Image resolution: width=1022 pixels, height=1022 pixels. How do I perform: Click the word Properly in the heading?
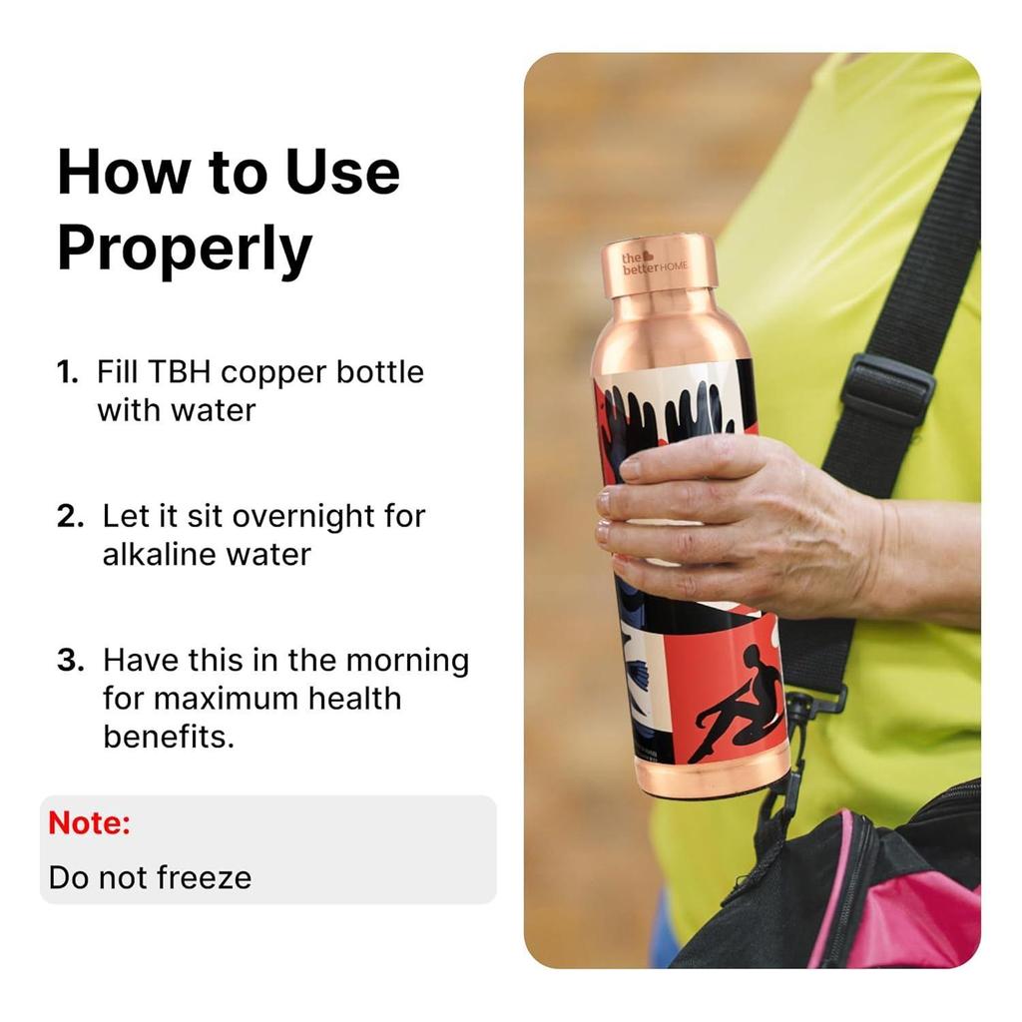pyautogui.click(x=185, y=250)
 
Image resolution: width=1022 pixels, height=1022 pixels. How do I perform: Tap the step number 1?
pyautogui.click(x=67, y=373)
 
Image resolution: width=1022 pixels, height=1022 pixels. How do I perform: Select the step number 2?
pyautogui.click(x=69, y=517)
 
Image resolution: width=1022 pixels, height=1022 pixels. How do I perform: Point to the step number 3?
pyautogui.click(x=69, y=661)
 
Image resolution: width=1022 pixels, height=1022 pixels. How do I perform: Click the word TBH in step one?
pyautogui.click(x=179, y=372)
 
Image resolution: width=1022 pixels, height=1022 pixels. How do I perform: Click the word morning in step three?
pyautogui.click(x=407, y=661)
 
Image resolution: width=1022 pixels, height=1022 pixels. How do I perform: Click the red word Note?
pyautogui.click(x=90, y=823)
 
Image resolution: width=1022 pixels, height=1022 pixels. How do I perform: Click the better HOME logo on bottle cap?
pyautogui.click(x=654, y=263)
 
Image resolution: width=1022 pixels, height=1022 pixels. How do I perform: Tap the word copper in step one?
pyautogui.click(x=273, y=372)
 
